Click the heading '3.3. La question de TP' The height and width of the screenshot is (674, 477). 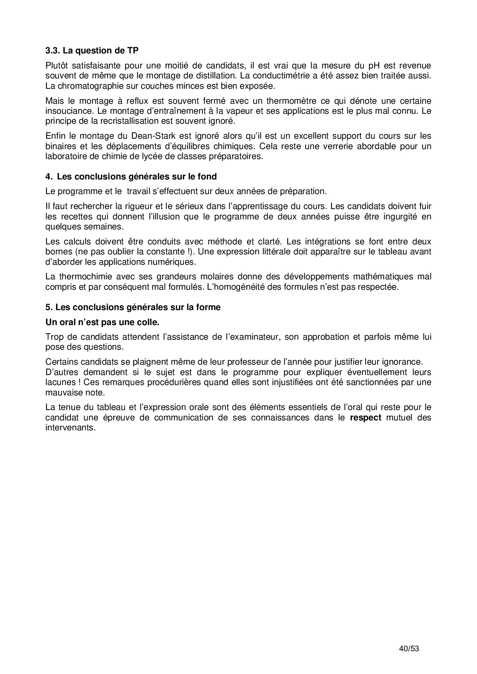(92, 50)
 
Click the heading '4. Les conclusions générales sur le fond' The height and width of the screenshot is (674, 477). (131, 177)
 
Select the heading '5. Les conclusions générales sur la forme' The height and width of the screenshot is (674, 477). (133, 307)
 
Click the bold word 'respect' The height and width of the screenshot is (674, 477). (365, 418)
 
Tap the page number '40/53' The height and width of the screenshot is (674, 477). (409, 649)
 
